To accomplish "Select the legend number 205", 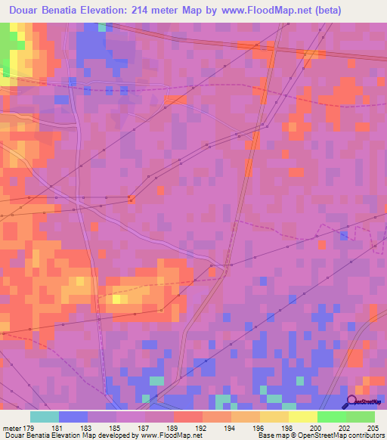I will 370,427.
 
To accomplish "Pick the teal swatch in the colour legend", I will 45,417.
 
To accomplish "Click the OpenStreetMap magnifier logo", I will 351,402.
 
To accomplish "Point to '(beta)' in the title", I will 320,11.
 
